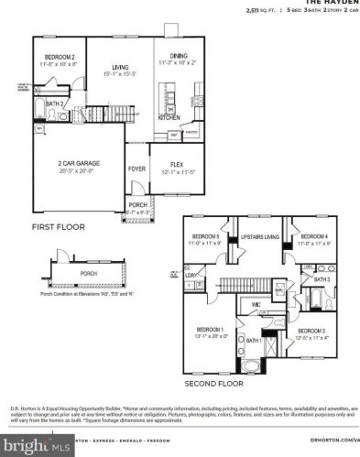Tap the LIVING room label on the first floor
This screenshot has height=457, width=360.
point(114,66)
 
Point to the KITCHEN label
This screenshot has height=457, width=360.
point(168,118)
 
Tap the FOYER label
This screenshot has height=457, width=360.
point(136,169)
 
